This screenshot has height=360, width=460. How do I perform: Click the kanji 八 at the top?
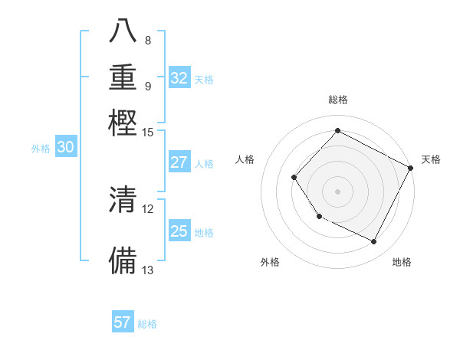[123, 32]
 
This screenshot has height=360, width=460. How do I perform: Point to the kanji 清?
[123, 200]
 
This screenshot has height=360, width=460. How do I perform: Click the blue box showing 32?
[179, 78]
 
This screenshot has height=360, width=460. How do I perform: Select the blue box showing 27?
[179, 162]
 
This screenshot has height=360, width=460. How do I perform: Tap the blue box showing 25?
[179, 231]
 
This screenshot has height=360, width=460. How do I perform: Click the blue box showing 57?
[123, 322]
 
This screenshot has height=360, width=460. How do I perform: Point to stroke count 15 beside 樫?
[148, 133]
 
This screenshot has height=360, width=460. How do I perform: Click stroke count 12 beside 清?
[148, 208]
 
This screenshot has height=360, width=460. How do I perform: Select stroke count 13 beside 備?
[148, 270]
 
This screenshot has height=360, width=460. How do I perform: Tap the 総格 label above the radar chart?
[337, 100]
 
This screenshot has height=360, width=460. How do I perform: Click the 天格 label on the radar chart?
[431, 159]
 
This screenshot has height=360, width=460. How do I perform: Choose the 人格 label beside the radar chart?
[245, 159]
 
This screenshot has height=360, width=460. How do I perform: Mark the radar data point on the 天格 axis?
[411, 168]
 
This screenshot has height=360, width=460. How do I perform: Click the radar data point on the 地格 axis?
[374, 242]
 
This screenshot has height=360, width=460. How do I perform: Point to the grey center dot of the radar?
[337, 191]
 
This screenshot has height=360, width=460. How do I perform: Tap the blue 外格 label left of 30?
[41, 149]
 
